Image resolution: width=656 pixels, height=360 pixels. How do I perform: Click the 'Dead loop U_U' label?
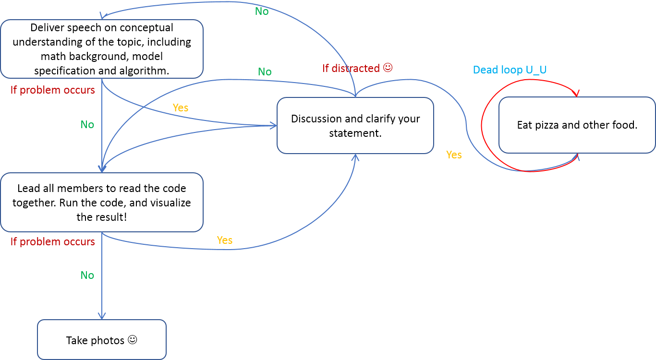point(510,70)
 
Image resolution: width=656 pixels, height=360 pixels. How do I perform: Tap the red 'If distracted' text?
point(351,68)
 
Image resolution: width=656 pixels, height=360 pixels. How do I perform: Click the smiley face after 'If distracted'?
point(388,68)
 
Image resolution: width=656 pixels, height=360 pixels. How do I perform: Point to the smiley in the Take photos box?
point(133,339)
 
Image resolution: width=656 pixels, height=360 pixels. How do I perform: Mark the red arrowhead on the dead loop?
point(576,93)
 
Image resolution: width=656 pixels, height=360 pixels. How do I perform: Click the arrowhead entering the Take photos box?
point(102,316)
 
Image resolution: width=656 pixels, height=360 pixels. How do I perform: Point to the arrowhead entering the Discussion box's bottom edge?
point(355,157)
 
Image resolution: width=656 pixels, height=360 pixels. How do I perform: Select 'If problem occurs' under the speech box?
point(53,90)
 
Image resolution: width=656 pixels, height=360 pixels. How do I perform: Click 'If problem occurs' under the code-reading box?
point(53,242)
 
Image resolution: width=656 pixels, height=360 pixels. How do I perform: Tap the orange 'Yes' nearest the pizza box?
point(454,155)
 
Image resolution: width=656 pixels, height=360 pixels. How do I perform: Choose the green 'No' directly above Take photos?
point(87,275)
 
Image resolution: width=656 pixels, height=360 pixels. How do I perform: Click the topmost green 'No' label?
point(262,12)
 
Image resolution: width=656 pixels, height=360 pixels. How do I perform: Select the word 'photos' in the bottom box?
point(108,341)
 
